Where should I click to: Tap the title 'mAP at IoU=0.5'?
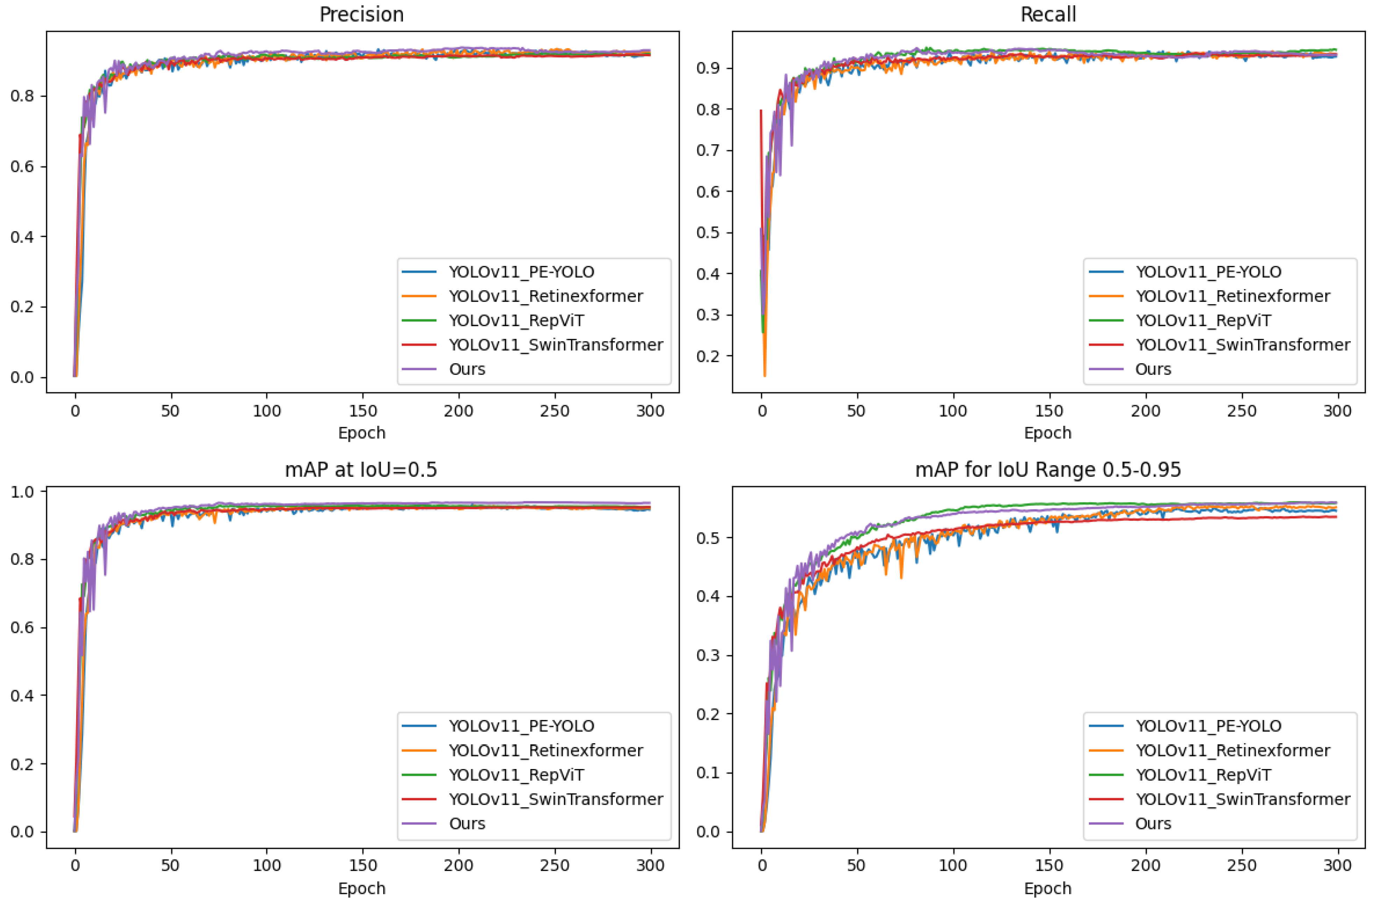pyautogui.click(x=361, y=469)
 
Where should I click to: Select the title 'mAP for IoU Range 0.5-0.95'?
pyautogui.click(x=1048, y=469)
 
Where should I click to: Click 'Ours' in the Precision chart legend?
pyautogui.click(x=467, y=369)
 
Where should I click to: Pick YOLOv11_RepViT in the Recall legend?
pyautogui.click(x=1203, y=320)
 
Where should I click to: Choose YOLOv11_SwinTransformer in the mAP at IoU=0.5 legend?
pyautogui.click(x=556, y=799)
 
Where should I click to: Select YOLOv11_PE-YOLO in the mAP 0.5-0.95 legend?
pyautogui.click(x=1209, y=726)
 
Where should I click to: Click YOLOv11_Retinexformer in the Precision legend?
pyautogui.click(x=546, y=296)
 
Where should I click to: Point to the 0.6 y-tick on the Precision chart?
pyautogui.click(x=22, y=166)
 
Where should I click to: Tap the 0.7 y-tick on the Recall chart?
pyautogui.click(x=708, y=150)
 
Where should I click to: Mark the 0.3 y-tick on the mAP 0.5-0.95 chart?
pyautogui.click(x=708, y=655)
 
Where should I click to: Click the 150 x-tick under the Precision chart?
pyautogui.click(x=363, y=411)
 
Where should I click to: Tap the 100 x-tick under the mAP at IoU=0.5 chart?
pyautogui.click(x=266, y=865)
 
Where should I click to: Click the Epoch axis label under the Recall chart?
pyautogui.click(x=1048, y=433)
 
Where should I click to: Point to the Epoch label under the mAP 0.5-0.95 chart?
pyautogui.click(x=1048, y=888)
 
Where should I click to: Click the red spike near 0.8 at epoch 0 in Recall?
pyautogui.click(x=761, y=111)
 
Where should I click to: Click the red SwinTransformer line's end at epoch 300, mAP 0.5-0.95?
pyautogui.click(x=1335, y=517)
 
